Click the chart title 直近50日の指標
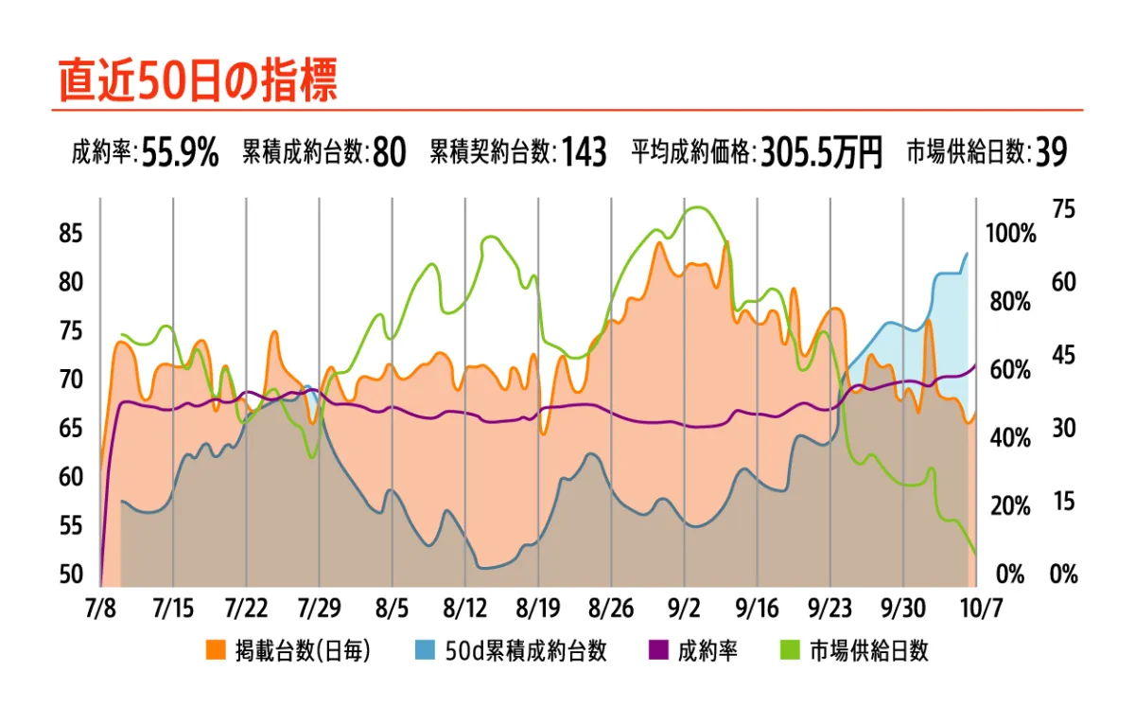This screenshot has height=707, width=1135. tap(198, 80)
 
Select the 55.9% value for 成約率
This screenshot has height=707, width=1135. tap(180, 151)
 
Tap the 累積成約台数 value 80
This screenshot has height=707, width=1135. tap(389, 151)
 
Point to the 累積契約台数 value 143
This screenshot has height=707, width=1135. tap(584, 151)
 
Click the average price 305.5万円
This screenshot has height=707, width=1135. tap(821, 151)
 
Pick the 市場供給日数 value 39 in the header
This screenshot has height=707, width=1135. tap(1051, 151)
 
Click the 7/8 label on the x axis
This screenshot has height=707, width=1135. tap(100, 607)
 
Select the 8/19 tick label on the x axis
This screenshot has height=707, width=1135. tap(538, 607)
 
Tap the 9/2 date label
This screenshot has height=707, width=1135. tap(684, 607)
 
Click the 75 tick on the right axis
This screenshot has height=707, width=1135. tap(1064, 209)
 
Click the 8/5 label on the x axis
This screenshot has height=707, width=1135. tap(392, 607)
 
